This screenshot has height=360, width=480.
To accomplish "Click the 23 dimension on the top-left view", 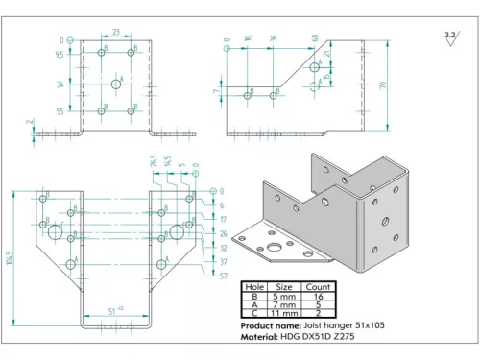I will [115, 31].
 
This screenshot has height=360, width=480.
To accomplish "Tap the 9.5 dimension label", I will [60, 55].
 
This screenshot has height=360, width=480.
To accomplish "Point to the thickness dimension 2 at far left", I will [31, 123].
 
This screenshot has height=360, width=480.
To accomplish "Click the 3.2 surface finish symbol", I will [450, 36].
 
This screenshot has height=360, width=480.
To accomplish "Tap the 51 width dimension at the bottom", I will [114, 310].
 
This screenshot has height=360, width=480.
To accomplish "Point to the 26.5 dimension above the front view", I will [153, 160].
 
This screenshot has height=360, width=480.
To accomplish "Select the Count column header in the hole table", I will [319, 286].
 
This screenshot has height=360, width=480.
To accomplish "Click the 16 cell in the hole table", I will [319, 296].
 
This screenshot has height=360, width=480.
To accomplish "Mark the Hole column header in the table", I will [254, 286].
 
